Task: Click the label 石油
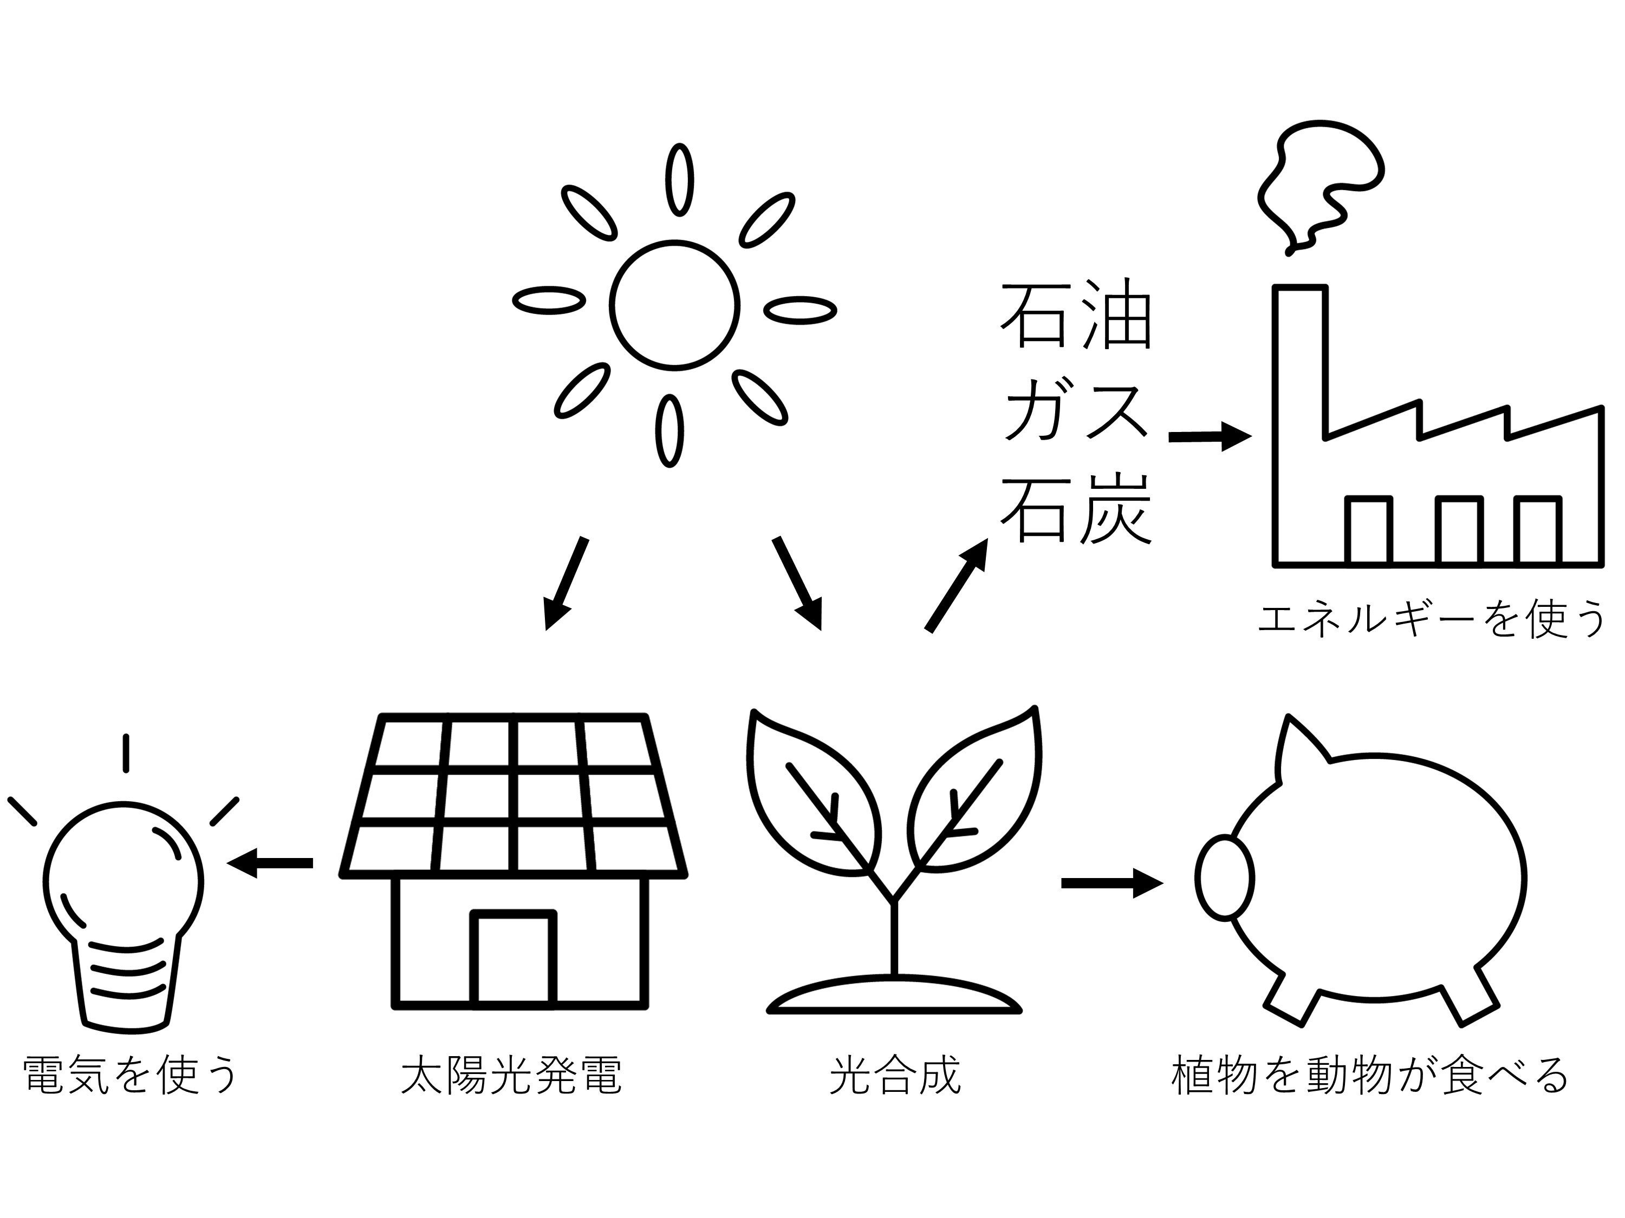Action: [1076, 316]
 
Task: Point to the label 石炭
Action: [1076, 509]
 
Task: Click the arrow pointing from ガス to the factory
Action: [1209, 437]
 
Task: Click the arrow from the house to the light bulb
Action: [272, 863]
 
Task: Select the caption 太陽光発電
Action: [512, 1076]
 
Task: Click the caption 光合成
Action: [895, 1076]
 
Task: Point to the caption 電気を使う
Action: [131, 1076]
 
